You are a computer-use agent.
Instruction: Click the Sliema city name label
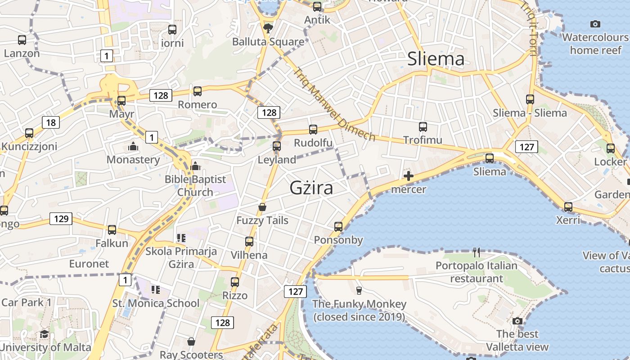click(x=436, y=59)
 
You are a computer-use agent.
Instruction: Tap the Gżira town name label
click(x=311, y=188)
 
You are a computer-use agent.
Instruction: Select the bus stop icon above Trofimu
click(x=423, y=127)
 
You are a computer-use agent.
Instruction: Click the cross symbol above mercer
click(x=409, y=176)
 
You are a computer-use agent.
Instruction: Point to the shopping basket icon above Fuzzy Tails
click(x=262, y=207)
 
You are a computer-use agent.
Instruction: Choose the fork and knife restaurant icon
click(x=477, y=252)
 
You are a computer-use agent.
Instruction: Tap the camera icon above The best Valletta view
click(x=517, y=321)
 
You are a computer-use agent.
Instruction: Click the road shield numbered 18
click(x=51, y=122)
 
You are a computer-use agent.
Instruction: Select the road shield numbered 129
click(x=61, y=219)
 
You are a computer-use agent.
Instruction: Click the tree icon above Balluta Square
click(x=268, y=28)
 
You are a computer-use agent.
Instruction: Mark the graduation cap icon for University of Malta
click(x=44, y=334)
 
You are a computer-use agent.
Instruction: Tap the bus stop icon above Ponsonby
click(x=338, y=227)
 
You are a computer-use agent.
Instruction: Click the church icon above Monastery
click(x=133, y=147)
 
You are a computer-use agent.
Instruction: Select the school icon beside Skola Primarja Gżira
click(x=181, y=238)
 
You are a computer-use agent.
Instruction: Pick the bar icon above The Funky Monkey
click(x=359, y=291)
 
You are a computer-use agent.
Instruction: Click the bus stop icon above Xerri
click(x=568, y=207)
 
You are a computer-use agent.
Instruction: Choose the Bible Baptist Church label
click(x=195, y=185)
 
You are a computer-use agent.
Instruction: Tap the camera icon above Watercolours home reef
click(x=595, y=24)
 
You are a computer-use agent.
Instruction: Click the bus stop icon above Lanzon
click(x=22, y=40)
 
